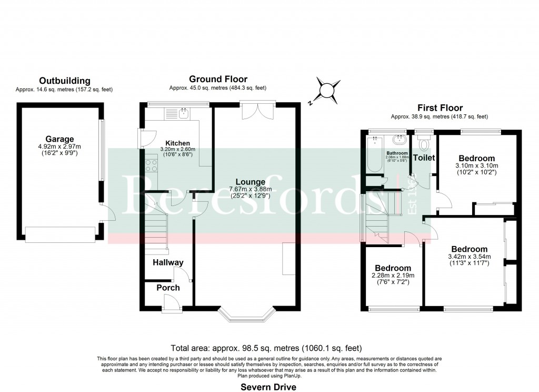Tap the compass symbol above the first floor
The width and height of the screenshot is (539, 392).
(x=327, y=90)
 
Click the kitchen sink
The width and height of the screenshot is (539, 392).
(x=184, y=112)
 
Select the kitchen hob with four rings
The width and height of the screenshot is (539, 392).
(x=150, y=166)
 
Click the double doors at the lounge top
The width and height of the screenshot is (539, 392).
(x=258, y=111)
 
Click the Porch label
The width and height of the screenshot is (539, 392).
(x=168, y=288)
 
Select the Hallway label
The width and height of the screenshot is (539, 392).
(x=168, y=262)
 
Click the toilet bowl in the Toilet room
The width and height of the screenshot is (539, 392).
(x=423, y=144)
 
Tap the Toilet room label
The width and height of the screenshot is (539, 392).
(x=424, y=158)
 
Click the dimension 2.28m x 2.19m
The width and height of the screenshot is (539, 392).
(x=393, y=276)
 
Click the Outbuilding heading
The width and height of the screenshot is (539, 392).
(x=64, y=81)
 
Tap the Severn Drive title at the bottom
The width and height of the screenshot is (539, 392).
(x=268, y=387)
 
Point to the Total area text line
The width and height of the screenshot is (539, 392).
(x=266, y=348)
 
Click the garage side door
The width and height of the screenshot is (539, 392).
(x=108, y=213)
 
